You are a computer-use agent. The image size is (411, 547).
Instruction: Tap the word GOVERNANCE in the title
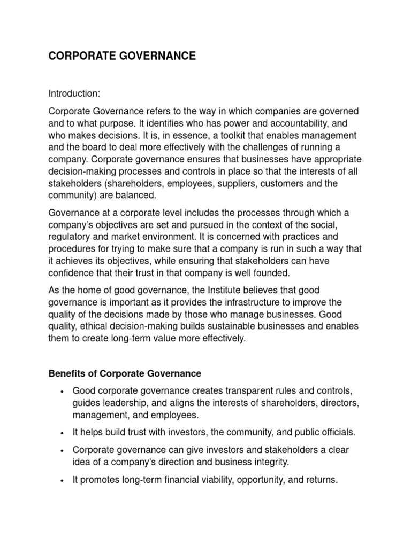(x=155, y=56)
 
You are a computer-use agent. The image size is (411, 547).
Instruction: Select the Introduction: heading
(x=74, y=94)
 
